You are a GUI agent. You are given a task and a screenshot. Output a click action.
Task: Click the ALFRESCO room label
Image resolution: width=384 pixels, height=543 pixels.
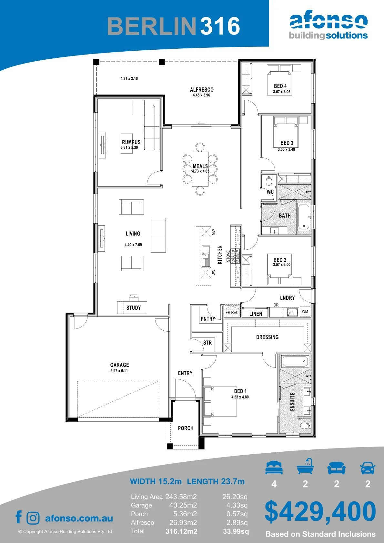[x=202, y=89]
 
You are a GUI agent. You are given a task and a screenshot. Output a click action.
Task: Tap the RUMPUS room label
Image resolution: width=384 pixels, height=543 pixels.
[x=131, y=142]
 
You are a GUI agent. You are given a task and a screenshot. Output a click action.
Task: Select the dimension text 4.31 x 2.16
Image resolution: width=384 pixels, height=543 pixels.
[x=129, y=78]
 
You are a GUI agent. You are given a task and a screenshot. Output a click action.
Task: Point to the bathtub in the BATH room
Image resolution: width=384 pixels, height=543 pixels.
[x=304, y=217]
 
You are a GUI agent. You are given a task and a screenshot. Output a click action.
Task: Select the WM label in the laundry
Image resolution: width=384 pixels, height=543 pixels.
[x=305, y=311]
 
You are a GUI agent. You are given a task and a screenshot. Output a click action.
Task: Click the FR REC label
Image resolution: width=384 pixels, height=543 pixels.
[x=232, y=313]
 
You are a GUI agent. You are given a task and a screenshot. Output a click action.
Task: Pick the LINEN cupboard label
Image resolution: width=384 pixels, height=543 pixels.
[x=256, y=314]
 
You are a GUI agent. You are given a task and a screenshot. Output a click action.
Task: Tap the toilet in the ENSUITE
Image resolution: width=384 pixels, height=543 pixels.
[x=304, y=425]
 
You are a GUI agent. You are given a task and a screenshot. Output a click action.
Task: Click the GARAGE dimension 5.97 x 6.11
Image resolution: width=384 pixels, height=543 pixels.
[x=119, y=371]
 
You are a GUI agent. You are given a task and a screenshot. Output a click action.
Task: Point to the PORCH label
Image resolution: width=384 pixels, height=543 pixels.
[x=186, y=428]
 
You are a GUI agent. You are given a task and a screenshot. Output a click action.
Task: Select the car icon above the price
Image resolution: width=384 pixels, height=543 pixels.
[x=368, y=468]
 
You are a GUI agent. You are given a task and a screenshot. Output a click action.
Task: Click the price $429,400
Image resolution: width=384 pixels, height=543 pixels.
[x=320, y=511]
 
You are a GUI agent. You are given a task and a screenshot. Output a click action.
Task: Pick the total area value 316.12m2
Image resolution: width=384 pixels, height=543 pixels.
[x=181, y=531]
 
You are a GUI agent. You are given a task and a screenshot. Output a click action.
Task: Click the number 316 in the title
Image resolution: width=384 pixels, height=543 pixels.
[x=220, y=26]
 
